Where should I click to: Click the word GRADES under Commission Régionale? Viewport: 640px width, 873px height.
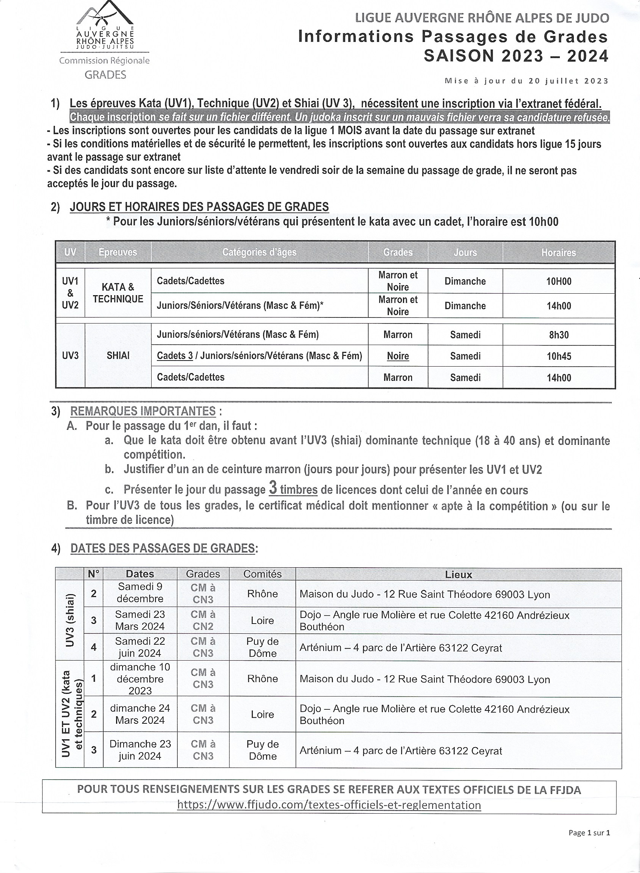105,75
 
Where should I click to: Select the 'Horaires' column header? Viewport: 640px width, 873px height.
558,252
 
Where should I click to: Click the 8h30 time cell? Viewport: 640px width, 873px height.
559,334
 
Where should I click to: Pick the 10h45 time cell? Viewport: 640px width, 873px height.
559,356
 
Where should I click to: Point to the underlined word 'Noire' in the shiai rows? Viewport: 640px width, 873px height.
398,356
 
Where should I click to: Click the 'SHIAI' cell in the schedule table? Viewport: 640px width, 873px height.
118,356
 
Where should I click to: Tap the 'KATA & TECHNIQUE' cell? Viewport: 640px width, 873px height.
118,293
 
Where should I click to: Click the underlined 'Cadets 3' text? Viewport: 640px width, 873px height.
175,356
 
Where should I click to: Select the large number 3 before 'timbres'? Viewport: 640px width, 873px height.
273,488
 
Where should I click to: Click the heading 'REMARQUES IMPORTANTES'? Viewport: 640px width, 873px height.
143,411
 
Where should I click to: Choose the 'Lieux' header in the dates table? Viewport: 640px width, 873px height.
458,574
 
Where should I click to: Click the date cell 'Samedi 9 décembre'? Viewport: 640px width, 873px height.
140,593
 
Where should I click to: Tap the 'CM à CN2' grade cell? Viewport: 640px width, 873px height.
203,621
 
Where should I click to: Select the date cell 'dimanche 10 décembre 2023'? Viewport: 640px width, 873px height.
140,679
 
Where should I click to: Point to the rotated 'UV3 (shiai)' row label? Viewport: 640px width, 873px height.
70,620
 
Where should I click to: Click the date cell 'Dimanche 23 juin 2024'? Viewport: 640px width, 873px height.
140,750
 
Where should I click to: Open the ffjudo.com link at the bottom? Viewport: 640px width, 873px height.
329,805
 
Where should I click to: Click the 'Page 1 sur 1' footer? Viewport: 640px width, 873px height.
589,833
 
